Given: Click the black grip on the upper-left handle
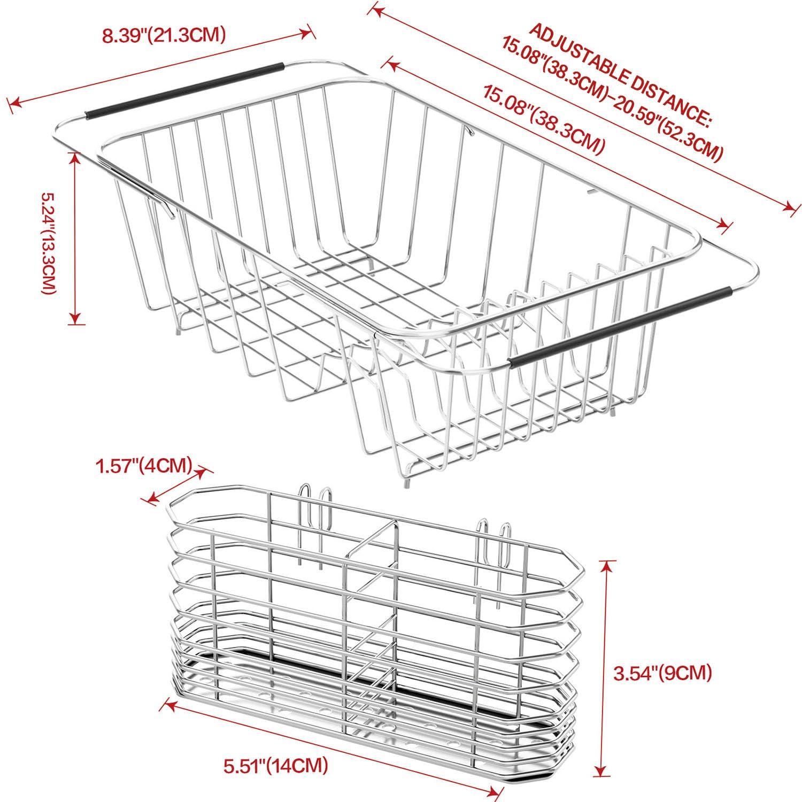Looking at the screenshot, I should [x=184, y=90].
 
